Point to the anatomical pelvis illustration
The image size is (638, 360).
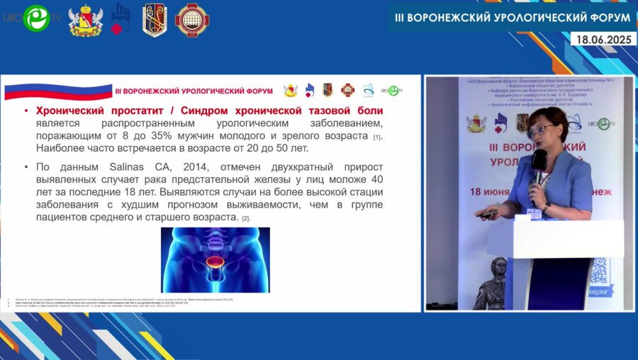coord(215,259)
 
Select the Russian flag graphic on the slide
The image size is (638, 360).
coord(58,91)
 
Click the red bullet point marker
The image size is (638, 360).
coord(26,111)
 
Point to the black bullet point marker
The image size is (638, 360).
coord(26,167)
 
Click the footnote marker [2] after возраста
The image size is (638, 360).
coord(246,219)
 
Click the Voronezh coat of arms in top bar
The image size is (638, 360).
coord(85,20)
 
